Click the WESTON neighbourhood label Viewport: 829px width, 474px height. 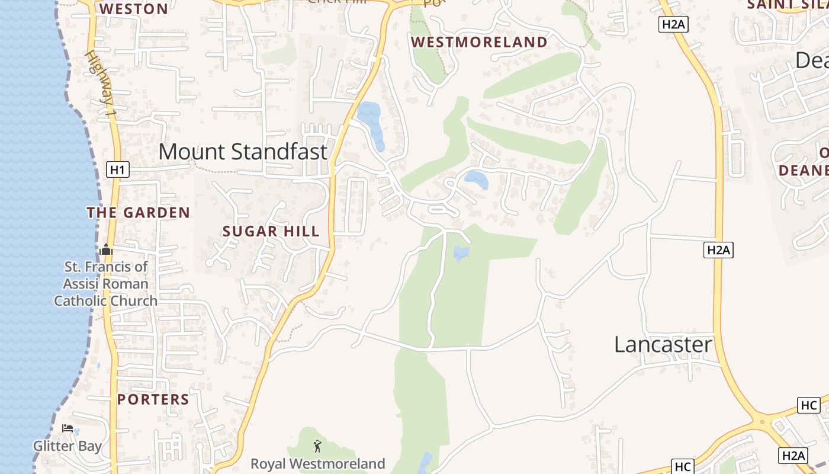(134, 9)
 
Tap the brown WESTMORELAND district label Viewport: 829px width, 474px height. (479, 42)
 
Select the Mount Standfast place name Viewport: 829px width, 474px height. (243, 152)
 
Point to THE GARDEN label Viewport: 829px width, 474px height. (139, 213)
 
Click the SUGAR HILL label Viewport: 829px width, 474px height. (271, 232)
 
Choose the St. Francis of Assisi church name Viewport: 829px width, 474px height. (106, 284)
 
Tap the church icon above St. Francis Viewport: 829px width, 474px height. (107, 249)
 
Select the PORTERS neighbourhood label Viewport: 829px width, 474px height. (153, 399)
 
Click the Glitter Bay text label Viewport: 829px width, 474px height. (68, 446)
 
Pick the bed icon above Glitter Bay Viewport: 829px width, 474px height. (68, 428)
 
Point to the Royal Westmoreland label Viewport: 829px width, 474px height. (318, 463)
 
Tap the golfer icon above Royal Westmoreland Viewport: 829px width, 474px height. (318, 446)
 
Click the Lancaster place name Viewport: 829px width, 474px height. (663, 344)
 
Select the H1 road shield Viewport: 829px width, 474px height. (118, 170)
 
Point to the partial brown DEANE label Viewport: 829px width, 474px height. (804, 171)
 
